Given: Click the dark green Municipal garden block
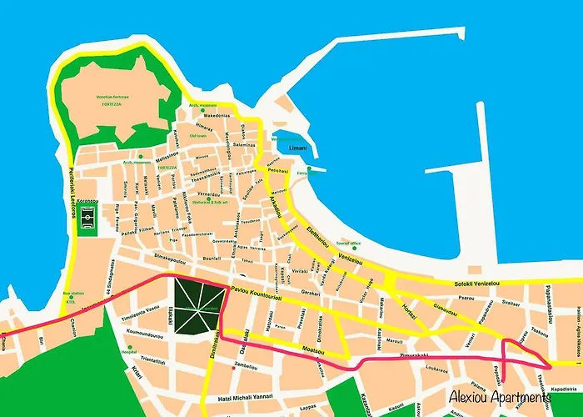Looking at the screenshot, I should [198, 306].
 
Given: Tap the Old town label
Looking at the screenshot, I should [197, 136].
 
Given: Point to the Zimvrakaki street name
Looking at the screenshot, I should [389, 356].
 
